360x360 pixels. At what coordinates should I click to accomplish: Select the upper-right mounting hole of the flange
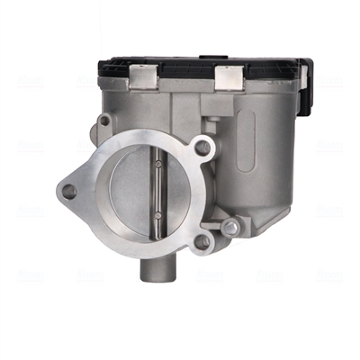click(202, 147)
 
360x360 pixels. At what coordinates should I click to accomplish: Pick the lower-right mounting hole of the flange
click(202, 240)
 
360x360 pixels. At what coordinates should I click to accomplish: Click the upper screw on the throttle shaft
click(158, 166)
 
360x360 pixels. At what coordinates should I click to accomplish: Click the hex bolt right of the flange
click(230, 226)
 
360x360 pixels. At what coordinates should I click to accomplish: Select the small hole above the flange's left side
click(103, 120)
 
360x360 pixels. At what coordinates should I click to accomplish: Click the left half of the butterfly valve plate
click(135, 193)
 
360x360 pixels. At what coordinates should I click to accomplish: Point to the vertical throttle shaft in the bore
click(158, 191)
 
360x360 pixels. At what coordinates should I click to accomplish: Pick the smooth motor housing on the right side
click(270, 153)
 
